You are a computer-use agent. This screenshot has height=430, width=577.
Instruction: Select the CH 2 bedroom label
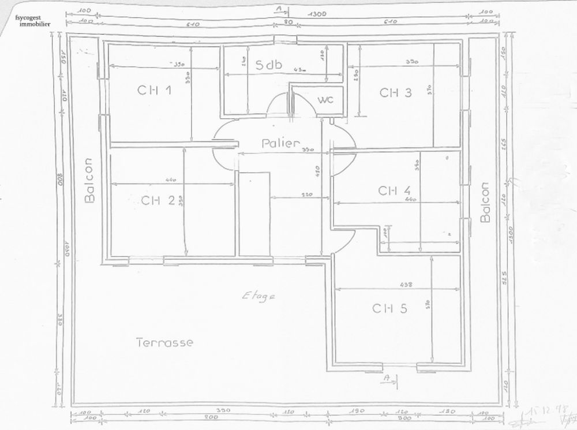tap(158, 200)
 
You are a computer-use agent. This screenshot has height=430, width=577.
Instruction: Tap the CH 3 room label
tap(395, 92)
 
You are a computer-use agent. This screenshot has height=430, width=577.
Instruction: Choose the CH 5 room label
tap(389, 308)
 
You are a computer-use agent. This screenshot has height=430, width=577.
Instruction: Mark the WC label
tap(325, 100)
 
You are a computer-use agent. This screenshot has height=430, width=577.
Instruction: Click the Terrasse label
tap(164, 342)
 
